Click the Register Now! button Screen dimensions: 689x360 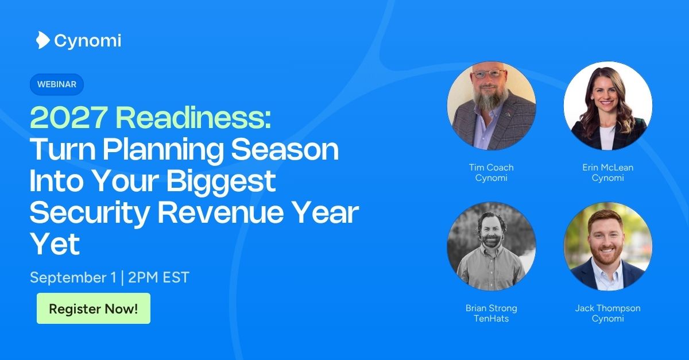pos(94,308)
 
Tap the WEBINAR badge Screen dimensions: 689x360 pos(57,84)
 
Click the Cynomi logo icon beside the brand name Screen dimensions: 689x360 pos(42,40)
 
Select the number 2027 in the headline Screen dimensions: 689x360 pos(68,118)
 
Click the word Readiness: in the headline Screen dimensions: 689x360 pos(193,118)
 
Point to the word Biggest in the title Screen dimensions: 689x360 pos(221,181)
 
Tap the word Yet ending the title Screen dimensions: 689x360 pos(55,244)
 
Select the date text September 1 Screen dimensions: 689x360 pos(73,277)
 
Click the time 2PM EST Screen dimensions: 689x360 pos(158,277)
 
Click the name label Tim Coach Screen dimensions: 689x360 pos(491,168)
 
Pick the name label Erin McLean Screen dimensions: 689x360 pos(608,168)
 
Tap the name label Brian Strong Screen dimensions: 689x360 pos(491,308)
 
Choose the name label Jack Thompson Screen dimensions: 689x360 pos(608,308)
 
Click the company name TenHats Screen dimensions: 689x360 pos(491,319)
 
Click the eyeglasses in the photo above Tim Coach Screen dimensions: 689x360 pos(489,74)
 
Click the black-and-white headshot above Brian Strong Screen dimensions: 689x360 pos(491,246)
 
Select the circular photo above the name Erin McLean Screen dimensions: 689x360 pos(608,106)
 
